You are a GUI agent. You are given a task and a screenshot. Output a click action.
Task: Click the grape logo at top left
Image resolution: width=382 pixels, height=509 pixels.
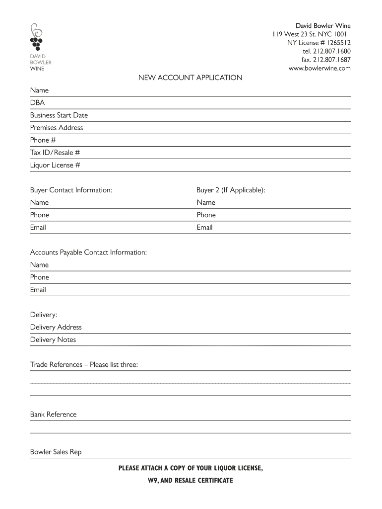(x=36, y=37)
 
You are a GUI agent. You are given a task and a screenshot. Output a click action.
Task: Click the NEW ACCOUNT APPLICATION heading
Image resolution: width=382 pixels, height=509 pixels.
(x=190, y=78)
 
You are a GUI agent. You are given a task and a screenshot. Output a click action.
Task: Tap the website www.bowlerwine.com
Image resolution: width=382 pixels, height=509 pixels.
(x=319, y=68)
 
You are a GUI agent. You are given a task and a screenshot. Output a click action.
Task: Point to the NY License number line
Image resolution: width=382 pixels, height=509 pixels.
(x=319, y=43)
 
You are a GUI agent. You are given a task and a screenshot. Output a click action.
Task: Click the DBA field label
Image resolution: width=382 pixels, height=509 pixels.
(x=37, y=103)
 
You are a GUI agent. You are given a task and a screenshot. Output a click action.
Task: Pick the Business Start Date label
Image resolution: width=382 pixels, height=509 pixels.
(x=59, y=115)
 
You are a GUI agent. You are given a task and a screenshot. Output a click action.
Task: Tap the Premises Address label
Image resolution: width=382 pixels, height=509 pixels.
(x=57, y=128)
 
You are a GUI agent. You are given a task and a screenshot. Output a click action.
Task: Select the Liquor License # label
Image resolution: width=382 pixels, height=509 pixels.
(x=55, y=165)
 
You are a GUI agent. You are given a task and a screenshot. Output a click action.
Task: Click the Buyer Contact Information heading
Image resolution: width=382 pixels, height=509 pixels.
(x=71, y=190)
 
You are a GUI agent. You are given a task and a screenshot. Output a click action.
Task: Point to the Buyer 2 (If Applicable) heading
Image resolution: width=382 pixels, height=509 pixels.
(x=231, y=190)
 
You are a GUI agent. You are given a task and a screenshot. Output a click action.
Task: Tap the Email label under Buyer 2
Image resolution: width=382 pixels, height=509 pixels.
(x=204, y=228)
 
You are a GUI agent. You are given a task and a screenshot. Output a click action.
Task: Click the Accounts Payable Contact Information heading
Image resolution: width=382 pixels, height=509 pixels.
(x=88, y=253)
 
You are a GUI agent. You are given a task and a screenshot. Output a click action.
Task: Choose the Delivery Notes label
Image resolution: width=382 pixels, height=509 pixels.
(x=53, y=340)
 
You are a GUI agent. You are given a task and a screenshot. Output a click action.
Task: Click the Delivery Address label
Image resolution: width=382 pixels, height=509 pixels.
(x=56, y=328)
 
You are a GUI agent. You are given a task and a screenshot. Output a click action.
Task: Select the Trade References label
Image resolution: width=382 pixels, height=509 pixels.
(x=84, y=365)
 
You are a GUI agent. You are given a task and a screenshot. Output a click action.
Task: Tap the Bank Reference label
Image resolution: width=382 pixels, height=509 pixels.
(x=54, y=415)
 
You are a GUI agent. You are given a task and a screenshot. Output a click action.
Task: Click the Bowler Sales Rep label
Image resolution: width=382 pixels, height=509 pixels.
(x=56, y=452)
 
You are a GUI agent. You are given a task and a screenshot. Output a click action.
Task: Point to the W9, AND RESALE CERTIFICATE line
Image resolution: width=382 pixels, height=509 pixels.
(x=191, y=481)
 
